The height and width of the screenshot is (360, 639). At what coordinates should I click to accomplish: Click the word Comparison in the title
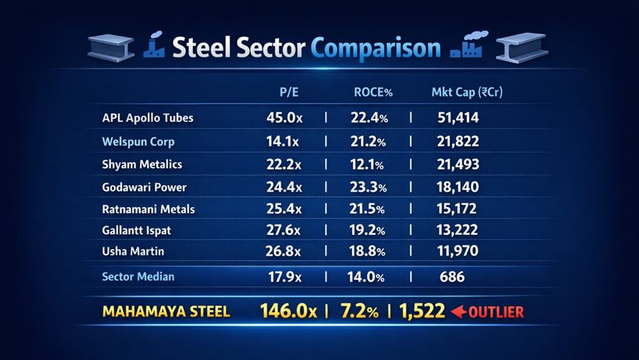(376, 48)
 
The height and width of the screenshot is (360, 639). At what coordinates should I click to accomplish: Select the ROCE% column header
(373, 92)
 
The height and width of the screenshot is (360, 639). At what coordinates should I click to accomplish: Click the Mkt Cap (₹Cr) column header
(467, 92)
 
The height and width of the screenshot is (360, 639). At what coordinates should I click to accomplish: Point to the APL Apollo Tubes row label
(147, 117)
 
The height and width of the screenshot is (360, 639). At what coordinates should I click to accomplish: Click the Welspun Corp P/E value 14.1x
(283, 141)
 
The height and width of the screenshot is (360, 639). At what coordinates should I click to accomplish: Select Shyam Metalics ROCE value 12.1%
(367, 164)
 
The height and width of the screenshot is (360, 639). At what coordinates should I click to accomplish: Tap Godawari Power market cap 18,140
(458, 187)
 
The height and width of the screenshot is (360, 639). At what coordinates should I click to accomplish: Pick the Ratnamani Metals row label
(148, 209)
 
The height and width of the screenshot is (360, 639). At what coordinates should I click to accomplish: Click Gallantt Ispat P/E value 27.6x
(283, 231)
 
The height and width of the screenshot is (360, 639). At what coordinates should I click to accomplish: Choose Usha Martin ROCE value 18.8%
(368, 251)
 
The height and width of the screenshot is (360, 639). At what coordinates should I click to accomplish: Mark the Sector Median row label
(138, 276)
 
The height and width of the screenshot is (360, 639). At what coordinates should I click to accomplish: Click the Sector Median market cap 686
(452, 276)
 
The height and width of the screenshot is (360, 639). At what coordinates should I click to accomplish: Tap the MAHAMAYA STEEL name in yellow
(166, 312)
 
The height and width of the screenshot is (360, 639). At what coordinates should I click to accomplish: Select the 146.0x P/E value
(288, 311)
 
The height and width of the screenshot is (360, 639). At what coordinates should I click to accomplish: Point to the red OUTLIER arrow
(458, 312)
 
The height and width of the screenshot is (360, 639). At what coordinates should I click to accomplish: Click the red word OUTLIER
(496, 312)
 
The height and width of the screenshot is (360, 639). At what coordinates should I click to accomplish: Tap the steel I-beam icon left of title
(111, 48)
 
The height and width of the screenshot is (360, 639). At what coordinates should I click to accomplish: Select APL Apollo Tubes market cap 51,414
(458, 117)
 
